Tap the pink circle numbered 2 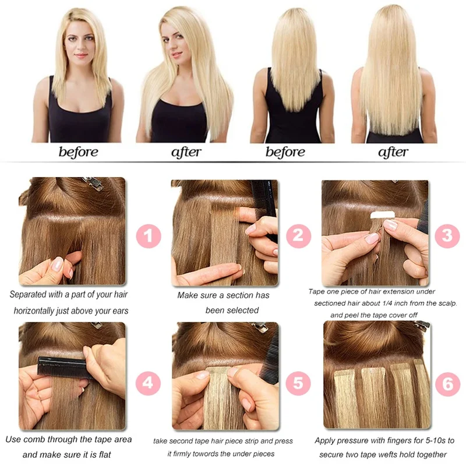coord(298,236)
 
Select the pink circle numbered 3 coord(447,235)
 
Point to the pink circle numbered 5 coord(298,383)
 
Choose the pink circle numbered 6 coord(447,384)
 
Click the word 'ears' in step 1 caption coord(117,310)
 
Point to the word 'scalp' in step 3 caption coord(446,303)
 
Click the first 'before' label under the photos coord(79,153)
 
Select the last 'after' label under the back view coord(393,153)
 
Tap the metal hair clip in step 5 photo coord(260,327)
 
